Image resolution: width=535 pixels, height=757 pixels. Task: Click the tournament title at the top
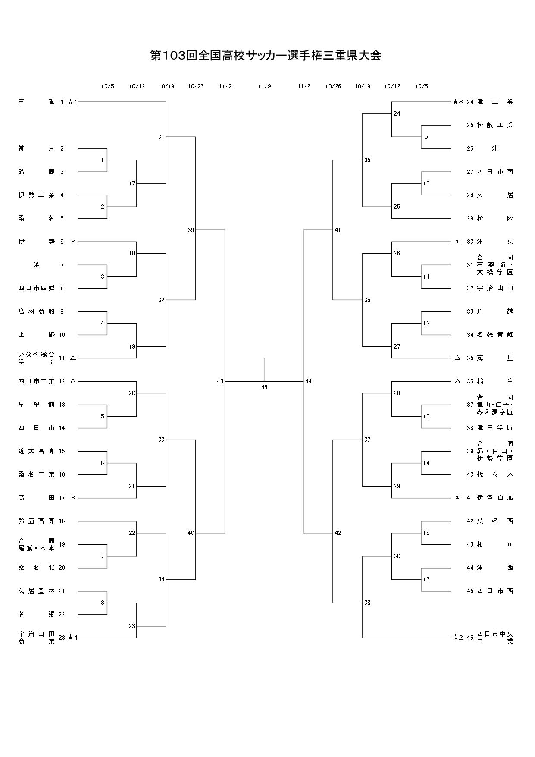(x=266, y=56)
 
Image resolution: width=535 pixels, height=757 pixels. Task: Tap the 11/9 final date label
(x=264, y=86)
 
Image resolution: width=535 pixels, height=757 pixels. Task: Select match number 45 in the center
(x=264, y=387)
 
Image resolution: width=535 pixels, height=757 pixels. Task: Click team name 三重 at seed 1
(x=37, y=102)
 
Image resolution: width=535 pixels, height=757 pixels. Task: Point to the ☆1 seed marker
(x=72, y=102)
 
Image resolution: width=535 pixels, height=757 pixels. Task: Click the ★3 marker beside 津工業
(x=457, y=102)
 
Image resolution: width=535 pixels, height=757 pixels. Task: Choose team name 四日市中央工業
(x=495, y=638)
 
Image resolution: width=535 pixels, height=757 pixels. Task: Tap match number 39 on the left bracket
(x=191, y=230)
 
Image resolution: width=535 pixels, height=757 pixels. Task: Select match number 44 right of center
(x=308, y=381)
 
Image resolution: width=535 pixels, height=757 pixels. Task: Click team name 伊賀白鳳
(x=495, y=498)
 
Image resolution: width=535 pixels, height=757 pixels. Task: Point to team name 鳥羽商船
(x=37, y=311)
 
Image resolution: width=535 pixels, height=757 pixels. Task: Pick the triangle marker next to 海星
(x=457, y=358)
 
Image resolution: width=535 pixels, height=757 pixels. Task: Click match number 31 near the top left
(x=161, y=137)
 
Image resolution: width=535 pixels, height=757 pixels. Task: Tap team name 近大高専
(x=37, y=451)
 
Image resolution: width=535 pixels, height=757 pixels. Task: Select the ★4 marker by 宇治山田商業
(x=72, y=638)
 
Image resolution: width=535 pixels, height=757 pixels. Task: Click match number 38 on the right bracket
(x=367, y=603)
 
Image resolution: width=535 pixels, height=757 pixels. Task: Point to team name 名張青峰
(x=495, y=335)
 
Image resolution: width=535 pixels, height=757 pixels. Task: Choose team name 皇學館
(x=37, y=405)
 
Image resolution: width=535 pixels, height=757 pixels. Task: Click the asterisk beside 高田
(x=73, y=498)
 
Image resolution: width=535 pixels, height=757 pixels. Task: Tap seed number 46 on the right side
(x=470, y=638)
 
